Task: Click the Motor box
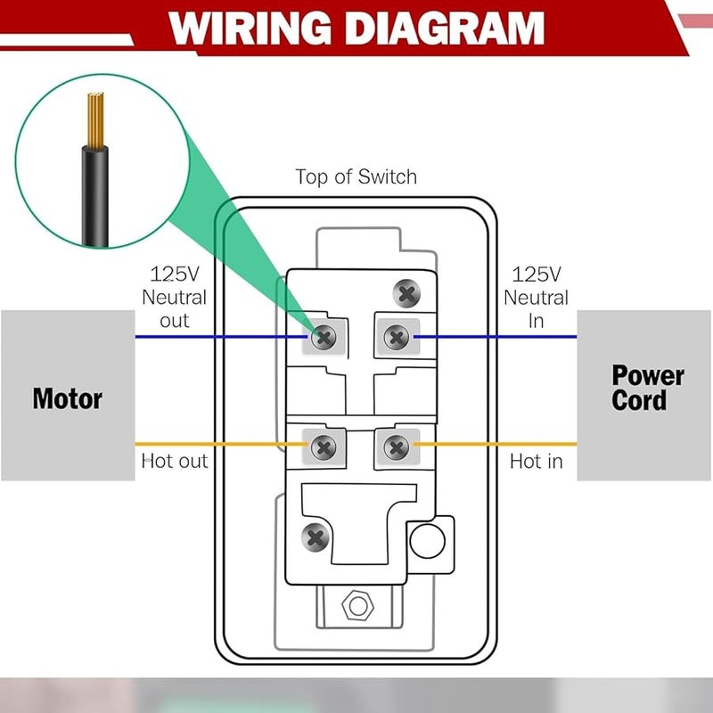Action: pyautogui.click(x=67, y=397)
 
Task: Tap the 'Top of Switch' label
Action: pyautogui.click(x=356, y=176)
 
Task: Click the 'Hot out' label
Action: pyautogui.click(x=174, y=461)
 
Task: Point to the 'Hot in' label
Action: pyautogui.click(x=536, y=461)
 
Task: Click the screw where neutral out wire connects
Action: pyautogui.click(x=324, y=336)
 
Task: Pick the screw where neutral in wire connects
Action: pyautogui.click(x=395, y=336)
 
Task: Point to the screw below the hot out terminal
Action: pyautogui.click(x=316, y=537)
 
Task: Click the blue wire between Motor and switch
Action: pyautogui.click(x=223, y=337)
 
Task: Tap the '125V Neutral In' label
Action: pyautogui.click(x=536, y=297)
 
